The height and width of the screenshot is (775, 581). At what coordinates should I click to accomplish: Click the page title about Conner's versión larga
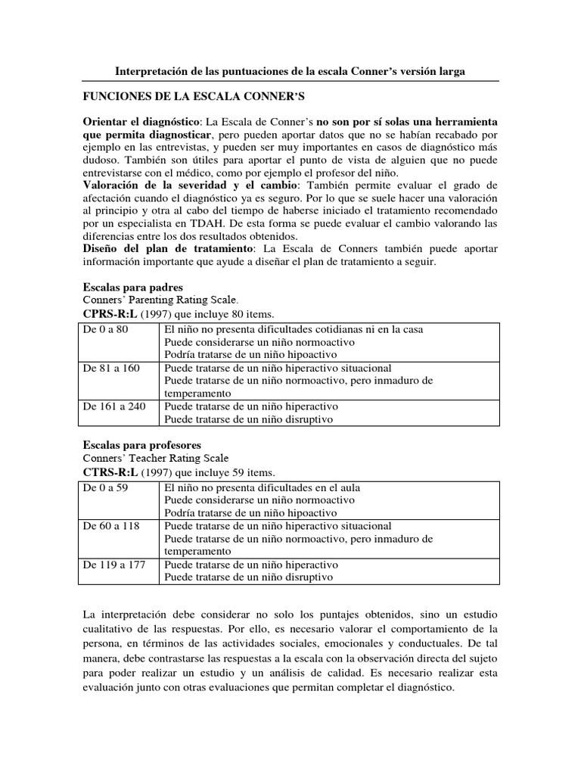pos(290,71)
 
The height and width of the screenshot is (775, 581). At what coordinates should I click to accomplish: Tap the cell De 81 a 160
pos(110,368)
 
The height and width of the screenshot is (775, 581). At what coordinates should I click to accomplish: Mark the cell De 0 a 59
pos(105,487)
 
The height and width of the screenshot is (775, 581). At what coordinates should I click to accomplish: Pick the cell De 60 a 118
pos(110,526)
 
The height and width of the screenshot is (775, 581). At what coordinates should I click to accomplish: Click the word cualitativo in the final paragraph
pos(110,630)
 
